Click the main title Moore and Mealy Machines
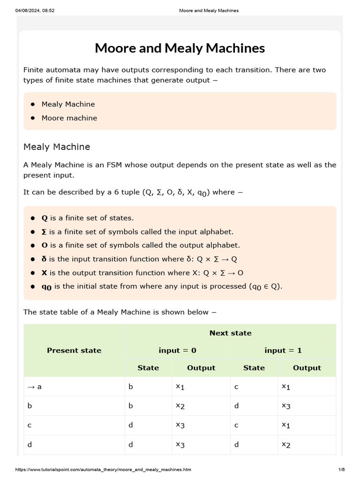pyautogui.click(x=180, y=48)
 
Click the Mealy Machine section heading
pyautogui.click(x=57, y=147)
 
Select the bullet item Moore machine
pyautogui.click(x=69, y=118)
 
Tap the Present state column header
pyautogui.click(x=74, y=350)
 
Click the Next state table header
pyautogui.click(x=230, y=333)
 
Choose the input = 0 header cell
pyautogui.click(x=177, y=350)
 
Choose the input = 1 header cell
pyautogui.click(x=283, y=350)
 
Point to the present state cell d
pyautogui.click(x=30, y=444)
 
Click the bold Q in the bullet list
pyautogui.click(x=45, y=218)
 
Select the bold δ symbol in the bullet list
pyautogui.click(x=44, y=259)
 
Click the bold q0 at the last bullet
pyautogui.click(x=46, y=287)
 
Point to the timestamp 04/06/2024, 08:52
pyautogui.click(x=35, y=11)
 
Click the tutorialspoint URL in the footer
pyautogui.click(x=103, y=469)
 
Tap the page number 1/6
pyautogui.click(x=341, y=469)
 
